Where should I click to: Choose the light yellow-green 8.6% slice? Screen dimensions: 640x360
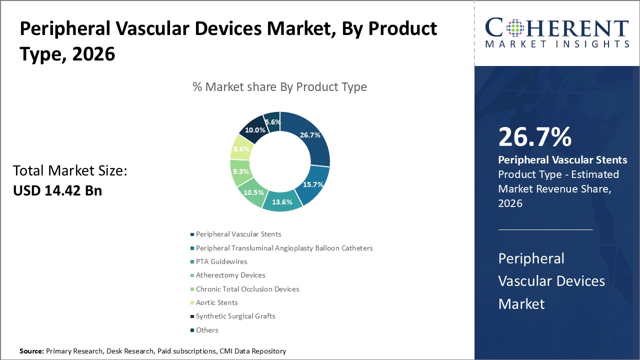pyautogui.click(x=241, y=149)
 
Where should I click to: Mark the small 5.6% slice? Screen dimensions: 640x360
pyautogui.click(x=272, y=122)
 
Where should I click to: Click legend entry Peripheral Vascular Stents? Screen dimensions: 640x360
pyautogui.click(x=238, y=234)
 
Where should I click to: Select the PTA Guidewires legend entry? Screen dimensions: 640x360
pyautogui.click(x=221, y=261)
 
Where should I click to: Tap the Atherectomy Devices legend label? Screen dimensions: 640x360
pyautogui.click(x=230, y=275)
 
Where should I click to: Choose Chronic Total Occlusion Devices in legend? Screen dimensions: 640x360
pyautogui.click(x=247, y=289)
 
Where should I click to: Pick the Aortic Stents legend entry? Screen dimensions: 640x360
pyautogui.click(x=216, y=302)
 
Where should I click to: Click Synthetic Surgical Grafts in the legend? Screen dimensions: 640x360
pyautogui.click(x=235, y=316)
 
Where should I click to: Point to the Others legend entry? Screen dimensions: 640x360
pyautogui.click(x=207, y=330)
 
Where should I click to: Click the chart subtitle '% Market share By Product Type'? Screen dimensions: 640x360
pyautogui.click(x=279, y=87)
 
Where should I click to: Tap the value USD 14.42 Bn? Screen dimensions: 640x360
pyautogui.click(x=57, y=190)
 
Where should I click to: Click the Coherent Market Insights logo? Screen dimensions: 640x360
pyautogui.click(x=556, y=33)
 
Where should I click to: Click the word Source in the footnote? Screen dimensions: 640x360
pyautogui.click(x=31, y=351)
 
